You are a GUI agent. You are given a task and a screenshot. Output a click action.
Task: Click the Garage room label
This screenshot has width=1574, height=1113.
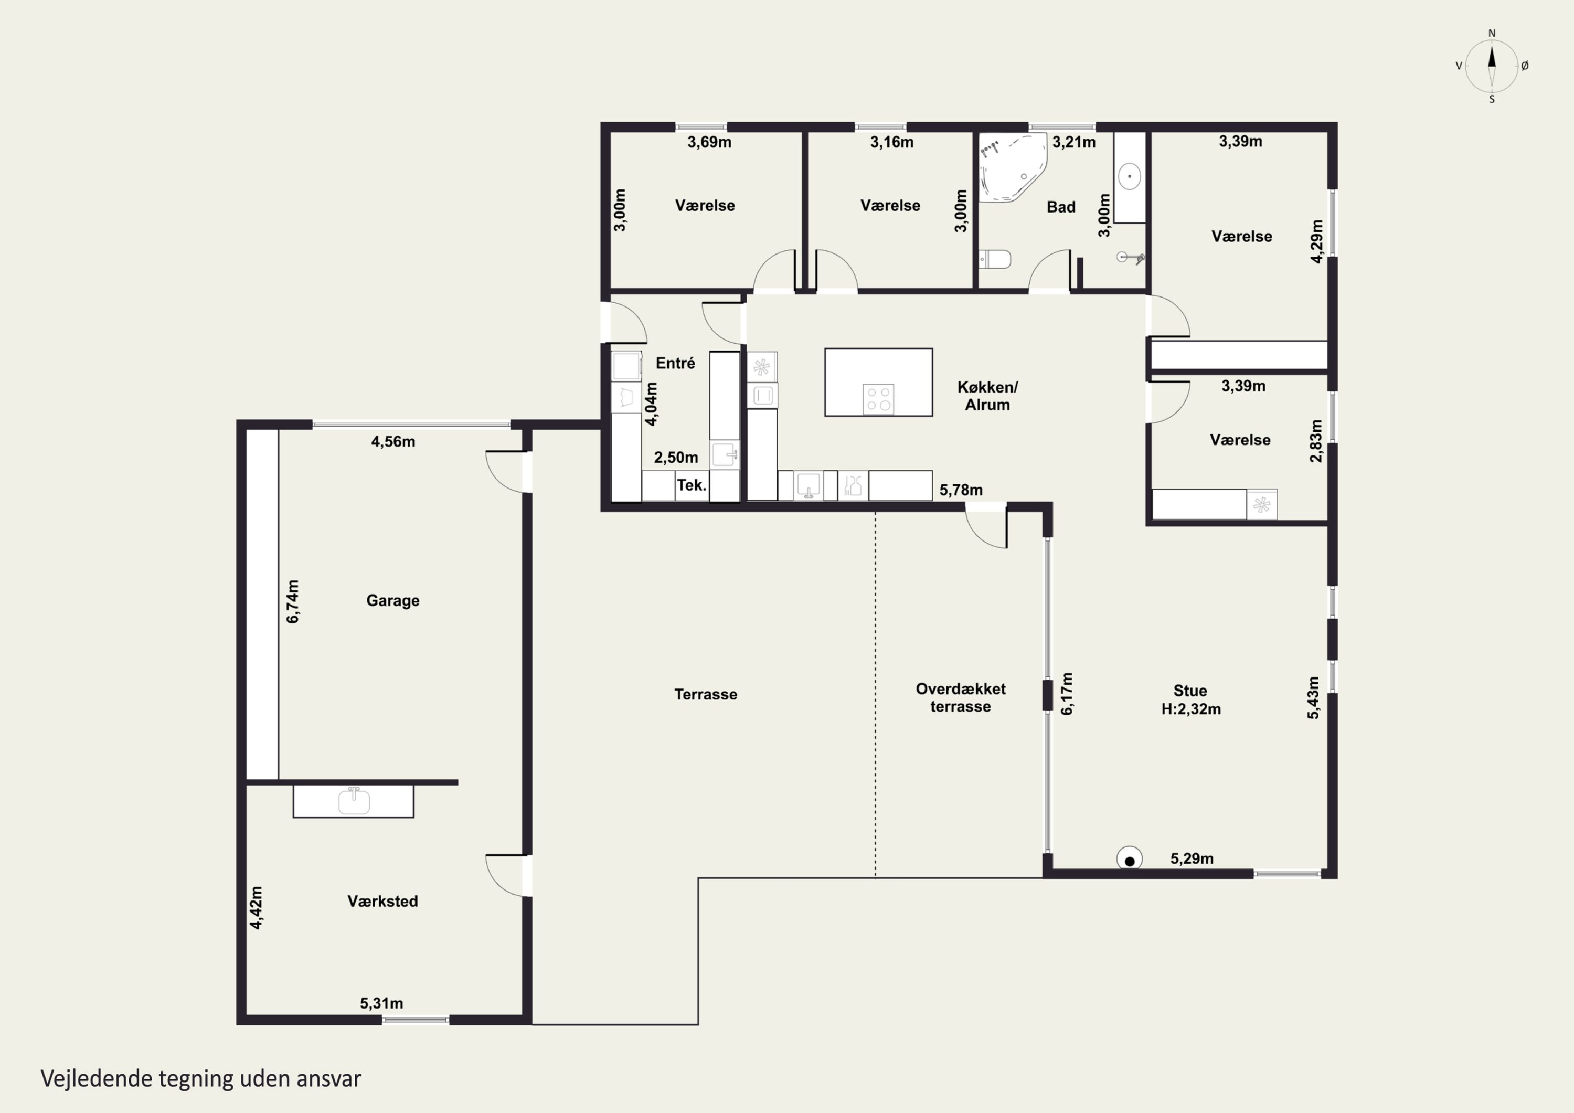pyautogui.click(x=393, y=601)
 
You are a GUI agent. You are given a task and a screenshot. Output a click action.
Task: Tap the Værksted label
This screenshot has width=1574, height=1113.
pyautogui.click(x=382, y=901)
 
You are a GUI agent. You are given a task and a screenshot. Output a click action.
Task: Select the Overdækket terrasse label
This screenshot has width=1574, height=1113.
pyautogui.click(x=961, y=697)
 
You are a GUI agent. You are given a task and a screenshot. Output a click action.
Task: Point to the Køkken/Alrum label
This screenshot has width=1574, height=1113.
pyautogui.click(x=987, y=396)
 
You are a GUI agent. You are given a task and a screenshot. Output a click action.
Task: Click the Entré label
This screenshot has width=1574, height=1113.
pyautogui.click(x=675, y=363)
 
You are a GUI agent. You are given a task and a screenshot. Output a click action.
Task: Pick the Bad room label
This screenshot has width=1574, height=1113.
pyautogui.click(x=1060, y=207)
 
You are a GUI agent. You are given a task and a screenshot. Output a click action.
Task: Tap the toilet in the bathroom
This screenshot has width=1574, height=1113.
pyautogui.click(x=995, y=259)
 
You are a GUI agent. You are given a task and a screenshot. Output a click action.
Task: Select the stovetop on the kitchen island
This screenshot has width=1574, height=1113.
pyautogui.click(x=878, y=399)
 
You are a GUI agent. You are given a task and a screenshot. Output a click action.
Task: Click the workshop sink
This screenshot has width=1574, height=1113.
pyautogui.click(x=354, y=800)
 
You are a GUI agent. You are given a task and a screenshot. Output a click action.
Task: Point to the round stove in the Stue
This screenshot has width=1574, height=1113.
pyautogui.click(x=1129, y=859)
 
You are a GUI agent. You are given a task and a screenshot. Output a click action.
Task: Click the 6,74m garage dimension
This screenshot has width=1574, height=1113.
pyautogui.click(x=293, y=601)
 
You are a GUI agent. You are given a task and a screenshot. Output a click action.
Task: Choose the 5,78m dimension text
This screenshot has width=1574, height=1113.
pyautogui.click(x=961, y=490)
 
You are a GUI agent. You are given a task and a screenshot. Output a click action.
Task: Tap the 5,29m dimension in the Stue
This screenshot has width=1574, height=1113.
pyautogui.click(x=1192, y=858)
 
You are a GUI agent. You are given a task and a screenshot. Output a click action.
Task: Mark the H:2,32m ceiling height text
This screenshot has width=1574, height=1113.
pyautogui.click(x=1191, y=709)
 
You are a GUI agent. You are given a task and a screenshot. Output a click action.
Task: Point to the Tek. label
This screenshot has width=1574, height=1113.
pyautogui.click(x=692, y=485)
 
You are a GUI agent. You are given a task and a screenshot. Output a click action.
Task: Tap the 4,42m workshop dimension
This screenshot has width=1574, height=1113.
pyautogui.click(x=256, y=908)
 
